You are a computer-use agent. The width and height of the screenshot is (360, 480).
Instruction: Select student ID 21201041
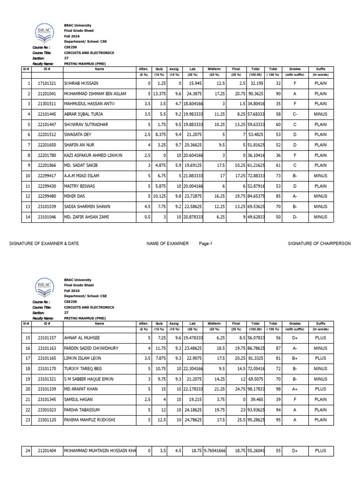click(47, 94)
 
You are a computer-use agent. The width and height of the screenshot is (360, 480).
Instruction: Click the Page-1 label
click(206, 244)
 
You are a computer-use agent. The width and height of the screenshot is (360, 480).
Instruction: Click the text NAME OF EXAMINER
click(167, 244)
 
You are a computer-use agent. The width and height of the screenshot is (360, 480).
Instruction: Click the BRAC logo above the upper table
click(45, 33)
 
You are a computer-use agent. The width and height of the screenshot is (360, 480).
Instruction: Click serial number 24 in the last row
click(27, 451)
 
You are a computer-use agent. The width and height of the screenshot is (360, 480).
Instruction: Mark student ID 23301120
click(47, 420)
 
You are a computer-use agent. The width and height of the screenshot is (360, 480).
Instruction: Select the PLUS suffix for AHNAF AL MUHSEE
click(321, 337)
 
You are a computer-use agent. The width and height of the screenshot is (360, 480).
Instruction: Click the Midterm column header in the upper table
click(214, 68)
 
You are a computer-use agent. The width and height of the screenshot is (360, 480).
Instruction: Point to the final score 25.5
click(236, 420)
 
